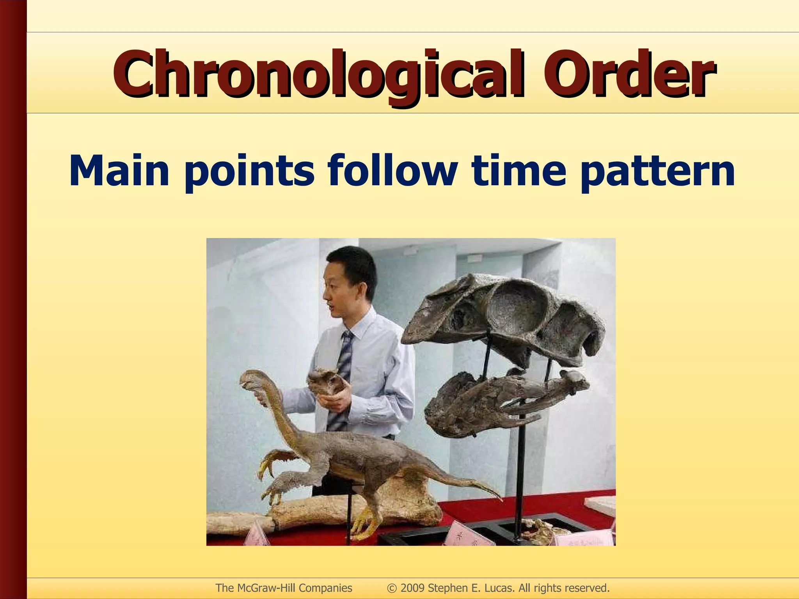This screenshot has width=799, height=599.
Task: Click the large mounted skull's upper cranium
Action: (507, 312)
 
